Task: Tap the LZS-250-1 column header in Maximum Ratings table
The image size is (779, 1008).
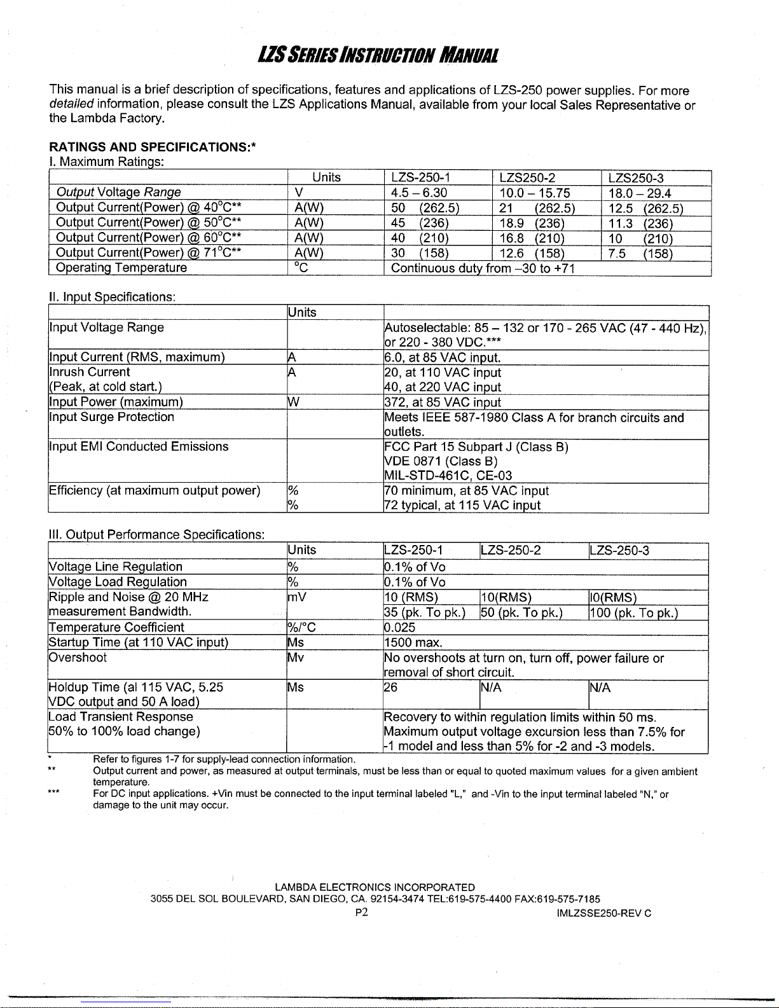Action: [x=421, y=178]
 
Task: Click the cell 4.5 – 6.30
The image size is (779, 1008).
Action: [x=419, y=193]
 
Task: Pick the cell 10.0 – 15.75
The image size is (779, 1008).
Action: [x=535, y=193]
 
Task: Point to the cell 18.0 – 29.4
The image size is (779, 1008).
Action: [x=640, y=193]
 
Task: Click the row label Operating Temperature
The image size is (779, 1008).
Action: [x=121, y=268]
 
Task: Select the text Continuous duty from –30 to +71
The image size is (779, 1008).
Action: [x=483, y=268]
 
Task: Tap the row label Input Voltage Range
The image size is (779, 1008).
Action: [x=107, y=328]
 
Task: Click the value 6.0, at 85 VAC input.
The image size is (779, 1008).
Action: [x=443, y=357]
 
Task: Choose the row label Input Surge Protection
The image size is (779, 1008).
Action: [x=111, y=417]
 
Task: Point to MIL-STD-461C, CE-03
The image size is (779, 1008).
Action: [x=448, y=476]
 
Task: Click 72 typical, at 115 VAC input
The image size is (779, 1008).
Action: [x=462, y=506]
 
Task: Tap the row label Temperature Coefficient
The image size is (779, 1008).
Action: [x=116, y=628]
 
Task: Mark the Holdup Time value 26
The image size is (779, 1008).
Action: [x=390, y=687]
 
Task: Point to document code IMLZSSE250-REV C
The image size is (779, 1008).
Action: [x=603, y=914]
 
